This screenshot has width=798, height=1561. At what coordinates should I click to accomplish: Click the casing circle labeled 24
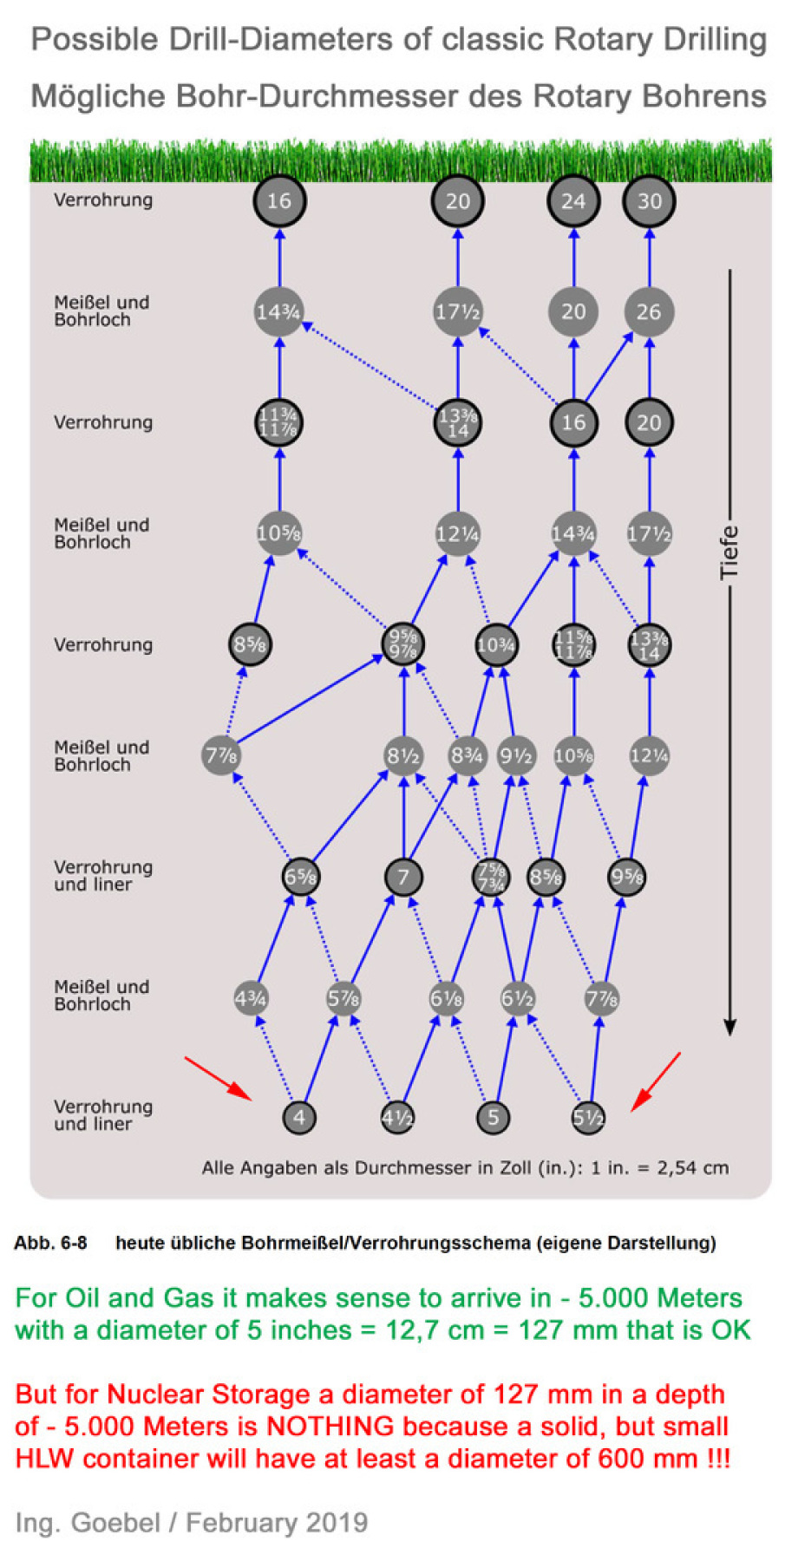[x=572, y=201]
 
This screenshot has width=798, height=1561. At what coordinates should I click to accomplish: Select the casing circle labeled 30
[x=649, y=201]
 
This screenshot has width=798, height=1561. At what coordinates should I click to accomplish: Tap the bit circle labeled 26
[x=649, y=312]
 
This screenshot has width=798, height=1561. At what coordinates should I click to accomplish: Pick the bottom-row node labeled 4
[x=299, y=1117]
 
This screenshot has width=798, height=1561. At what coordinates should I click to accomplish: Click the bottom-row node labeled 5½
[x=588, y=1117]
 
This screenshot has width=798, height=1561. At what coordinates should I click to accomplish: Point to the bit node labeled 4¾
[x=251, y=998]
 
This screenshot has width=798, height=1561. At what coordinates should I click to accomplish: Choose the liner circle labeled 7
[x=403, y=877]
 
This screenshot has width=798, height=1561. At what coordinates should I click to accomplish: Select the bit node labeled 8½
[x=403, y=755]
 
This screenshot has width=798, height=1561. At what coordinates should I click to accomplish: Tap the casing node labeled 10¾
[x=496, y=645]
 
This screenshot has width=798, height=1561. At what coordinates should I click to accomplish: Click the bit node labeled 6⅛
[x=447, y=998]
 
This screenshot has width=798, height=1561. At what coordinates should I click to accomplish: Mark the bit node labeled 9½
[x=516, y=755]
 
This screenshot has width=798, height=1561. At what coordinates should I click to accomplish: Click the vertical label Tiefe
[x=729, y=552]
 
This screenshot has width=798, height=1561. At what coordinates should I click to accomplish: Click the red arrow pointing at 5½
[x=656, y=1081]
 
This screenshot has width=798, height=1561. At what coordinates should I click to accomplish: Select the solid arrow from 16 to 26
[x=610, y=367]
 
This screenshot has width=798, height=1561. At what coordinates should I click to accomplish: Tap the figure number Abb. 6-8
[x=50, y=1243]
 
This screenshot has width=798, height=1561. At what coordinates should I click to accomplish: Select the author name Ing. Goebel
[x=88, y=1523]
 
